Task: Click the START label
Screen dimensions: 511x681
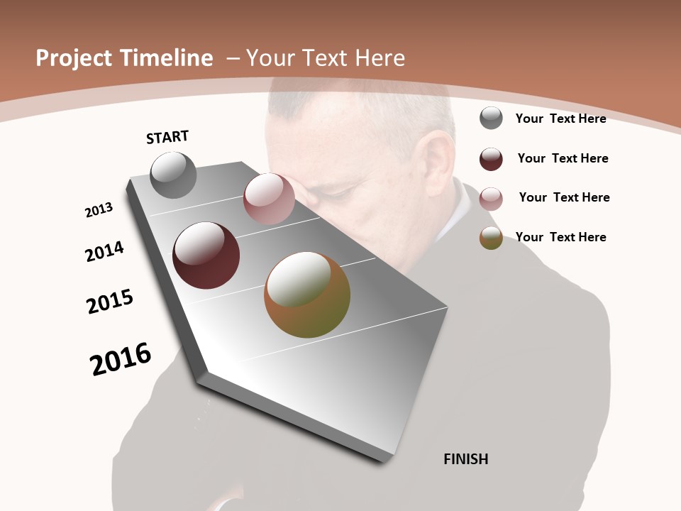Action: tap(167, 137)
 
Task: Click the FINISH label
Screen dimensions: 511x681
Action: tap(465, 459)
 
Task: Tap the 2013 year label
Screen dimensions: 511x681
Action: tap(99, 210)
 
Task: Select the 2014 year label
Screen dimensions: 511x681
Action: tap(105, 251)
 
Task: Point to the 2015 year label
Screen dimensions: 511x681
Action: tap(110, 302)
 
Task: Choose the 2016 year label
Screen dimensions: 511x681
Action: tap(121, 359)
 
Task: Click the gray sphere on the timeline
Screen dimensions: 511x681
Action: tap(174, 175)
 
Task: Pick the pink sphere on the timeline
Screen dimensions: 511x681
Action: tap(269, 199)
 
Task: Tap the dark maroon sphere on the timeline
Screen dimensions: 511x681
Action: tap(206, 255)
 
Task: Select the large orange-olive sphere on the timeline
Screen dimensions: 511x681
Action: tap(307, 295)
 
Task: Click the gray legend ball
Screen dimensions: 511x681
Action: tap(491, 118)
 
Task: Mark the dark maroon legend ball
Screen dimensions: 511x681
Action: tap(491, 159)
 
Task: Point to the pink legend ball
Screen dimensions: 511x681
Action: tap(491, 199)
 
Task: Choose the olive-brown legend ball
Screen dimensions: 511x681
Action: tap(491, 238)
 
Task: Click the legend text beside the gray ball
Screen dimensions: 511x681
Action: tap(560, 119)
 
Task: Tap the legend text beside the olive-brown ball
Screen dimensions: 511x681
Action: tap(560, 237)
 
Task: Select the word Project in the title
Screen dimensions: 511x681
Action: tap(74, 58)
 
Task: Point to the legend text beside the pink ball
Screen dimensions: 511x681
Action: tap(564, 197)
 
